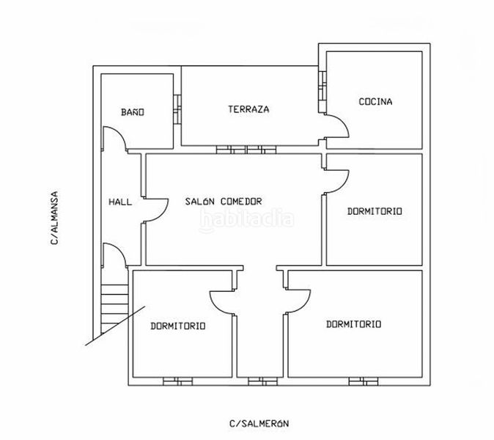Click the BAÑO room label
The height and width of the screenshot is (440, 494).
click(133, 112)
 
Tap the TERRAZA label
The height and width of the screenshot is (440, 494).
click(248, 109)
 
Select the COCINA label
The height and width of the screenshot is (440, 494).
click(375, 101)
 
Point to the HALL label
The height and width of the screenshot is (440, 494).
click(120, 202)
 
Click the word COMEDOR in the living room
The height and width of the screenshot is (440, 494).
click(241, 201)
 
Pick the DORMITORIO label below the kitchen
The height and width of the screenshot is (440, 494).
click(375, 211)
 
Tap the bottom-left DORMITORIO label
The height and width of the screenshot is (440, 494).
click(178, 326)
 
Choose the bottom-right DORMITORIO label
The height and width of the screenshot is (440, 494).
click(353, 324)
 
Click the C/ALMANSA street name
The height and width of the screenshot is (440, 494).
click(54, 218)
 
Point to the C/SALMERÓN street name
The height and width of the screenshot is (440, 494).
click(259, 423)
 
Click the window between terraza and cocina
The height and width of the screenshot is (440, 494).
click(322, 92)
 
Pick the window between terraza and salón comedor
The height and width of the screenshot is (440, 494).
click(246, 150)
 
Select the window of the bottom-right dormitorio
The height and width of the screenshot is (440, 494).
click(364, 381)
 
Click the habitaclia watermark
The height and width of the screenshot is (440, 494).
click(247, 219)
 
